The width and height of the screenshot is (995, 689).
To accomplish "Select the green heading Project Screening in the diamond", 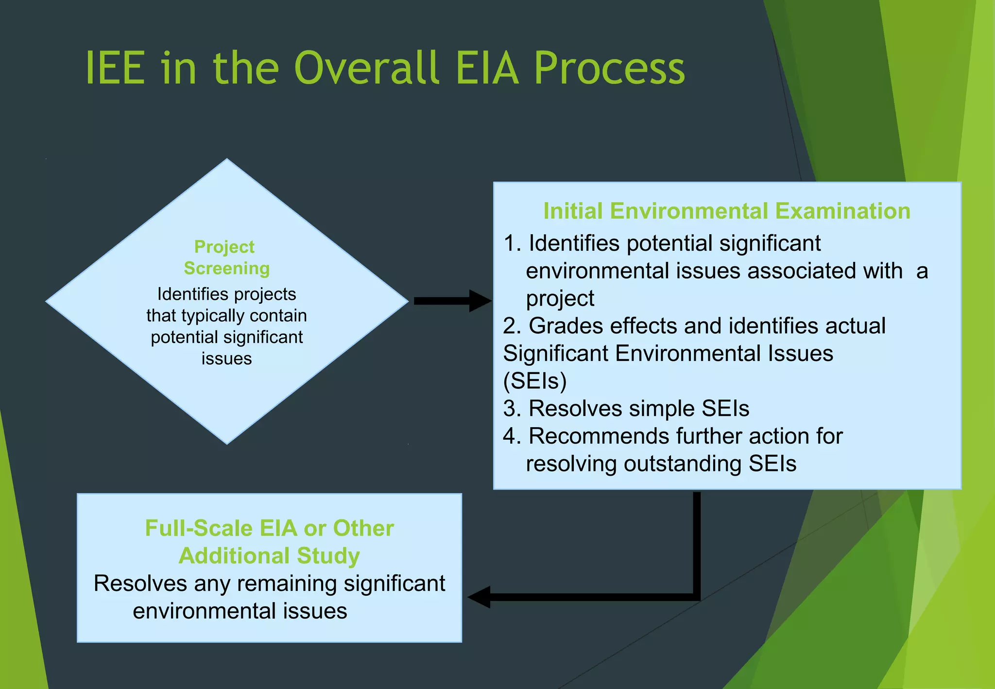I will (226, 258).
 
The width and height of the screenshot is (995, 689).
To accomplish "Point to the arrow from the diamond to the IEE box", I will (452, 301).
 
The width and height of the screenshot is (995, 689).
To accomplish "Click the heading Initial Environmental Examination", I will (726, 211).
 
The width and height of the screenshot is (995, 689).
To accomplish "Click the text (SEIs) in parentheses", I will (534, 381).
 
